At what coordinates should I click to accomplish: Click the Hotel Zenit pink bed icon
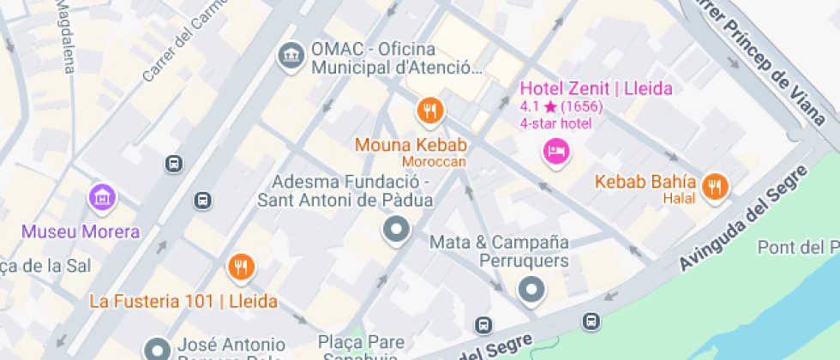tap(556, 153)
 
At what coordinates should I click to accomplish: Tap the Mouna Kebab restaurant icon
tap(429, 111)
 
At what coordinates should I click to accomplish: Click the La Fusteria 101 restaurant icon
tap(242, 268)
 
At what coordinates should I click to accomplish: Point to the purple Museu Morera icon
tap(102, 197)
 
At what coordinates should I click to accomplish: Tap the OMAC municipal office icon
tap(291, 57)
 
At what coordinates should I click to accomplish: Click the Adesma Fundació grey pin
tap(395, 229)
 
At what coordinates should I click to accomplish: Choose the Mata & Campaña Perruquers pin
tap(532, 290)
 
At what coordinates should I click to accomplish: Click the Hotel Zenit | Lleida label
tap(597, 88)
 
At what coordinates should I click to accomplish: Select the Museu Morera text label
tap(81, 232)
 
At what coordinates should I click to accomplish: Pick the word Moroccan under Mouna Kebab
tap(435, 162)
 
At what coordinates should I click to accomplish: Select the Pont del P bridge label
tap(797, 248)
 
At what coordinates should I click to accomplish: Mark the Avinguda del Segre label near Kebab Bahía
tap(743, 219)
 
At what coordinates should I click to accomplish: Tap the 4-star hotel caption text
tap(555, 123)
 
